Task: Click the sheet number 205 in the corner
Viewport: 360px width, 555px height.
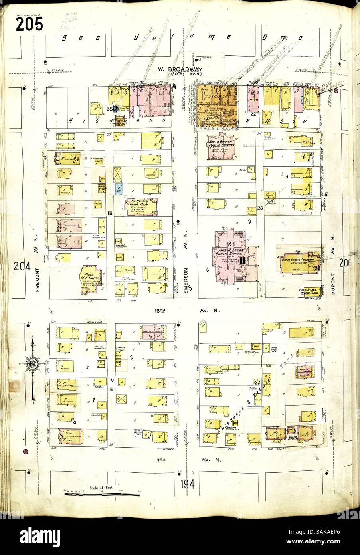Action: pos(29,25)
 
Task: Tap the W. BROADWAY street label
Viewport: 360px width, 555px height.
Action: pos(181,69)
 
